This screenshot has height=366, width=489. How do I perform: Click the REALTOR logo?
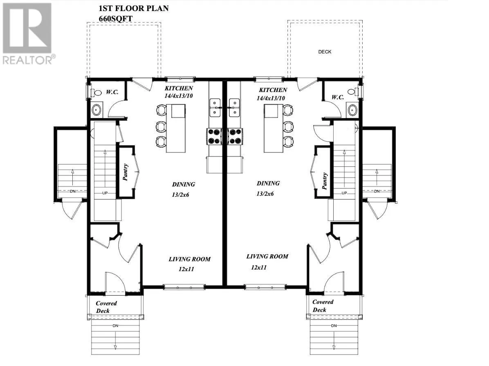pos(27,33)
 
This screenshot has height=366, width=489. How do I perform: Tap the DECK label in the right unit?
pos(325,52)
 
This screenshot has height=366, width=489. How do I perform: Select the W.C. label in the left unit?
pos(112,92)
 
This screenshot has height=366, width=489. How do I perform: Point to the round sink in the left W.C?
pos(97,110)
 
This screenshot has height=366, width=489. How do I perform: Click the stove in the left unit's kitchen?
pos(213,136)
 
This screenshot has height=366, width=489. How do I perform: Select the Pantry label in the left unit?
pos(126,172)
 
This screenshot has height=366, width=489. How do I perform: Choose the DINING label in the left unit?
pos(183,184)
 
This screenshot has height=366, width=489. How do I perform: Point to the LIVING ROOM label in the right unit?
pos(267,256)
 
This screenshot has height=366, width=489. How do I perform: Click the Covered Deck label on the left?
pos(106,307)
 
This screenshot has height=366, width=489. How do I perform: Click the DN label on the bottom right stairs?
pos(334,326)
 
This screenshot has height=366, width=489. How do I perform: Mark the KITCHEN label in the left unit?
pos(179,88)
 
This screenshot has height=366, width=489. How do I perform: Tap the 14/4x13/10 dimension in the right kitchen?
pos(272,98)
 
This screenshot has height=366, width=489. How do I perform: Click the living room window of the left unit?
pos(184,287)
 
